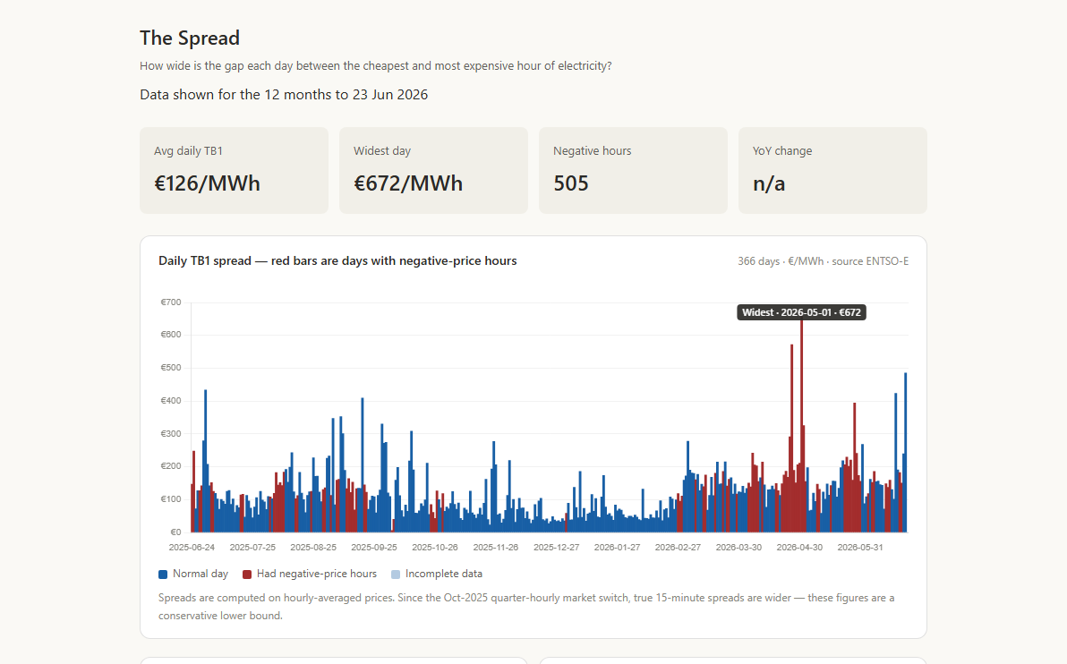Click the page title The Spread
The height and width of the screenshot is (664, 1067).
coord(190,38)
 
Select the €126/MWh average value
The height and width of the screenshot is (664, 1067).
coord(207,183)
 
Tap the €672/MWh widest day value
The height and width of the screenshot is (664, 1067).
coord(407,183)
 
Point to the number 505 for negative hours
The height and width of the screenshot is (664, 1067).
coord(571,183)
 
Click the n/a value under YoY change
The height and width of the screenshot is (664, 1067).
coord(769,183)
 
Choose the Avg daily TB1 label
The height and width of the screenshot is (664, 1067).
coord(189,151)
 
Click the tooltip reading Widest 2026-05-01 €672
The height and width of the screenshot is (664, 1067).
coord(802,312)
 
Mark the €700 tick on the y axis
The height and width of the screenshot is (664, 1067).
coord(171,302)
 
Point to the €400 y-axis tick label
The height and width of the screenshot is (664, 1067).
coord(171,401)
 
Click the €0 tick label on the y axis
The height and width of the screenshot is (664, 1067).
coord(175,532)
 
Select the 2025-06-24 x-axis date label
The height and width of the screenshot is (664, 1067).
coord(192,547)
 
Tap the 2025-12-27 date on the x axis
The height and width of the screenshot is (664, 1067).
coord(557,547)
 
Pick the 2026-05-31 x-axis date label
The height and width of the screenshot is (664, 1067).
coord(860,547)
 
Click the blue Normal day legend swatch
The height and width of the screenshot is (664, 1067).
coord(163,575)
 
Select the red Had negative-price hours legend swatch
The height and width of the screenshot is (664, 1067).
coord(247,575)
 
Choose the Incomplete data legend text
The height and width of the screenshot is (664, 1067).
coord(444,574)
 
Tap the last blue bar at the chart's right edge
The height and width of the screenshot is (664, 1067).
coord(905,453)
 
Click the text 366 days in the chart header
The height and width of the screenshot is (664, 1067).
coord(759,261)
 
